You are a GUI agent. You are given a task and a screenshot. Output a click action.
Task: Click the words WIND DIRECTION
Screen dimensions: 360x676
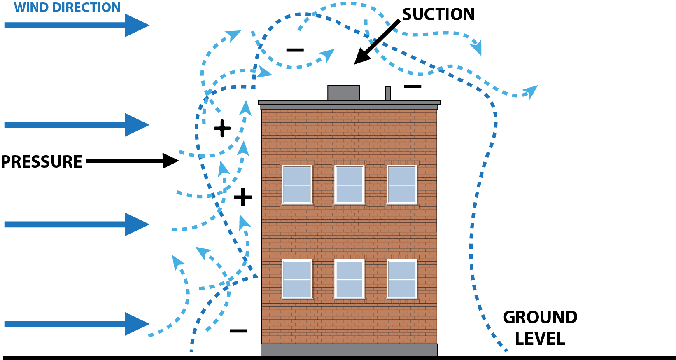tap(67, 7)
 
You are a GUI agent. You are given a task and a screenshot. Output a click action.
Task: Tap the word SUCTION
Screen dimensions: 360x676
tap(438, 14)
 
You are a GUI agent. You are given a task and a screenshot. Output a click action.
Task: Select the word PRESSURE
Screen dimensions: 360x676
tap(42, 161)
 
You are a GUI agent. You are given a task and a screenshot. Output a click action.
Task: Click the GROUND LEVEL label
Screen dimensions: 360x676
tap(540, 328)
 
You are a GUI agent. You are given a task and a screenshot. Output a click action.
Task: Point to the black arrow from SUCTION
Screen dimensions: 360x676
tap(377, 42)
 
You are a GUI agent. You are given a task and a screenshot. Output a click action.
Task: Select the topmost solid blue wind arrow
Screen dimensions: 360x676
tap(77, 25)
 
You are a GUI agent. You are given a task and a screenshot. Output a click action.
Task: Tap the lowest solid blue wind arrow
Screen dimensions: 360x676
tap(77, 324)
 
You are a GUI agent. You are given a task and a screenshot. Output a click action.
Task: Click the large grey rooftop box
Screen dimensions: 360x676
tap(344, 93)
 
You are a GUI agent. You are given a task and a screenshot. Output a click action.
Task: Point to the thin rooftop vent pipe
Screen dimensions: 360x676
tap(388, 93)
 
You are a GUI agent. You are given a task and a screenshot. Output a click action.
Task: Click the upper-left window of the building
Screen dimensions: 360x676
tap(297, 185)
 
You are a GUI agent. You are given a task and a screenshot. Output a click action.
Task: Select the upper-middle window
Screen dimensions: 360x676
tap(349, 185)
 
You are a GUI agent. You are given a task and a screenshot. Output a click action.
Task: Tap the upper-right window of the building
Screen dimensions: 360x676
tap(402, 185)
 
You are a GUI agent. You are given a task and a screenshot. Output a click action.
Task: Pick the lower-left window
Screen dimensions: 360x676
tap(297, 279)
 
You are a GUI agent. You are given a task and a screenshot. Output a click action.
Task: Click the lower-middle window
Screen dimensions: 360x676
tap(349, 279)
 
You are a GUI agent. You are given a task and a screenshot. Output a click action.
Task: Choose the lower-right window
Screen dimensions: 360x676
tap(402, 279)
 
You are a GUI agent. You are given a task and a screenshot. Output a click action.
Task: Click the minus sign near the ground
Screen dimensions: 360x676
tap(238, 331)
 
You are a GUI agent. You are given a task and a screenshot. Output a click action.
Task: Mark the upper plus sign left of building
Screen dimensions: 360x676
tap(222, 129)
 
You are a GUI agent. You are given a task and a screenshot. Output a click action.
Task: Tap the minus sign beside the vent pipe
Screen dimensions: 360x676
tap(413, 86)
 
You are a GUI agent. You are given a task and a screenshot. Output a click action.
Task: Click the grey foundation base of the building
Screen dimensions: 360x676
tap(349, 350)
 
